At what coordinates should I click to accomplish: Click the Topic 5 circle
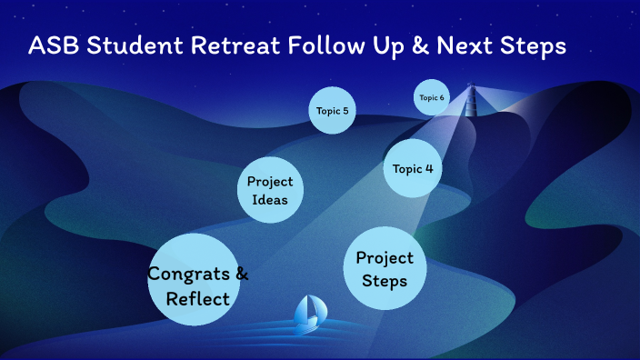coord(331,111)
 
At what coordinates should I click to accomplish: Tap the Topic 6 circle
coord(432,98)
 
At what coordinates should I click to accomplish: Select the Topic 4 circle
coord(412,168)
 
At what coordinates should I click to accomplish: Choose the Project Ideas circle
coord(270,191)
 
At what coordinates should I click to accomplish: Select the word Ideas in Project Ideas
coord(270,201)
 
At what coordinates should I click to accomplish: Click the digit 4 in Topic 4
coord(428,168)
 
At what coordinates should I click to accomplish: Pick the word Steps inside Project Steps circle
coord(385,281)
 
